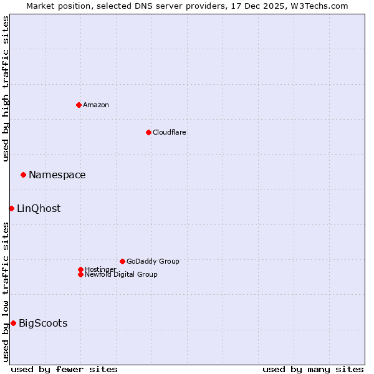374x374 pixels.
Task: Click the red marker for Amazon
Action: click(79, 105)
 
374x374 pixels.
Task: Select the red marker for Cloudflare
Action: click(148, 132)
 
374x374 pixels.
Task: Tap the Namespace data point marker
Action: click(23, 175)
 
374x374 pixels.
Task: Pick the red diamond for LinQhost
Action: click(11, 208)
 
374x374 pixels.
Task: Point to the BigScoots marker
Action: click(13, 323)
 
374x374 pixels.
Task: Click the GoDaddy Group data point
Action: click(122, 261)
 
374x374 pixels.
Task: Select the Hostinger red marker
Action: click(80, 269)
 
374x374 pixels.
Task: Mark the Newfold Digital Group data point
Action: click(80, 274)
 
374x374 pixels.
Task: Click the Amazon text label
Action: click(96, 105)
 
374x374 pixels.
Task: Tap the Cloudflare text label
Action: click(170, 132)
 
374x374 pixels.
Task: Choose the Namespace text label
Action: click(57, 175)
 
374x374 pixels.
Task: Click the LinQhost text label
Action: click(39, 209)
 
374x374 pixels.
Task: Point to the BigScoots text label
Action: click(43, 324)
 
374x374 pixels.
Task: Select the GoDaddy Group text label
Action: click(153, 261)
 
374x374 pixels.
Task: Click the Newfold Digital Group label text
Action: click(122, 274)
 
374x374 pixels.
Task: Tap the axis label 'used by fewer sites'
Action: click(64, 369)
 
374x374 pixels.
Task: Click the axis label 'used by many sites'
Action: click(313, 369)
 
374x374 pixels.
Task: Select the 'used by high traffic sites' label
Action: click(6, 89)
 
